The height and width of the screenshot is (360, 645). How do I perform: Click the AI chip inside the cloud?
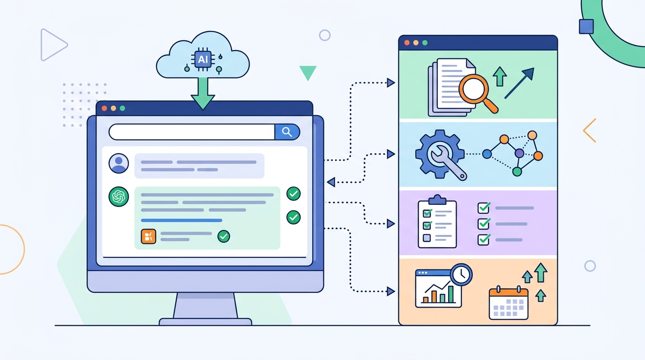tap(202, 60)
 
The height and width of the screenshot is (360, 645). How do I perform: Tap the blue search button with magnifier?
tap(287, 132)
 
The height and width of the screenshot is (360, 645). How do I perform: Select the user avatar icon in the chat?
tap(119, 163)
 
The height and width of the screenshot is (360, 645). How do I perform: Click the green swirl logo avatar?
tap(119, 197)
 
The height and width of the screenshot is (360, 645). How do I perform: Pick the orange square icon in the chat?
tap(149, 236)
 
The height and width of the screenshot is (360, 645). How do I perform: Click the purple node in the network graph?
tap(519, 153)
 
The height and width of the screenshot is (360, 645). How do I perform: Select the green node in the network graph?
tap(517, 172)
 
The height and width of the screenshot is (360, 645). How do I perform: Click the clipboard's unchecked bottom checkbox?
tap(427, 238)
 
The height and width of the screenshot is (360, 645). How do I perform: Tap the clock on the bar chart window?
tap(461, 275)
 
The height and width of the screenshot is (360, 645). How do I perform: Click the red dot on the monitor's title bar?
tap(105, 108)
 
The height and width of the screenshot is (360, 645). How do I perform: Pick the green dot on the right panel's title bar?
tap(425, 43)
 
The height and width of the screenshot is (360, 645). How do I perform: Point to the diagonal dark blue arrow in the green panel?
tap(519, 83)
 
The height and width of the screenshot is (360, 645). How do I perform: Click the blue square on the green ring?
tap(586, 27)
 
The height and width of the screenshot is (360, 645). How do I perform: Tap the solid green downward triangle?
tap(308, 72)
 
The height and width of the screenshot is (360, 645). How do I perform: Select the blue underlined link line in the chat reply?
tap(181, 220)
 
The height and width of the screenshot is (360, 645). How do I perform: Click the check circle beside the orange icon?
tap(224, 236)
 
